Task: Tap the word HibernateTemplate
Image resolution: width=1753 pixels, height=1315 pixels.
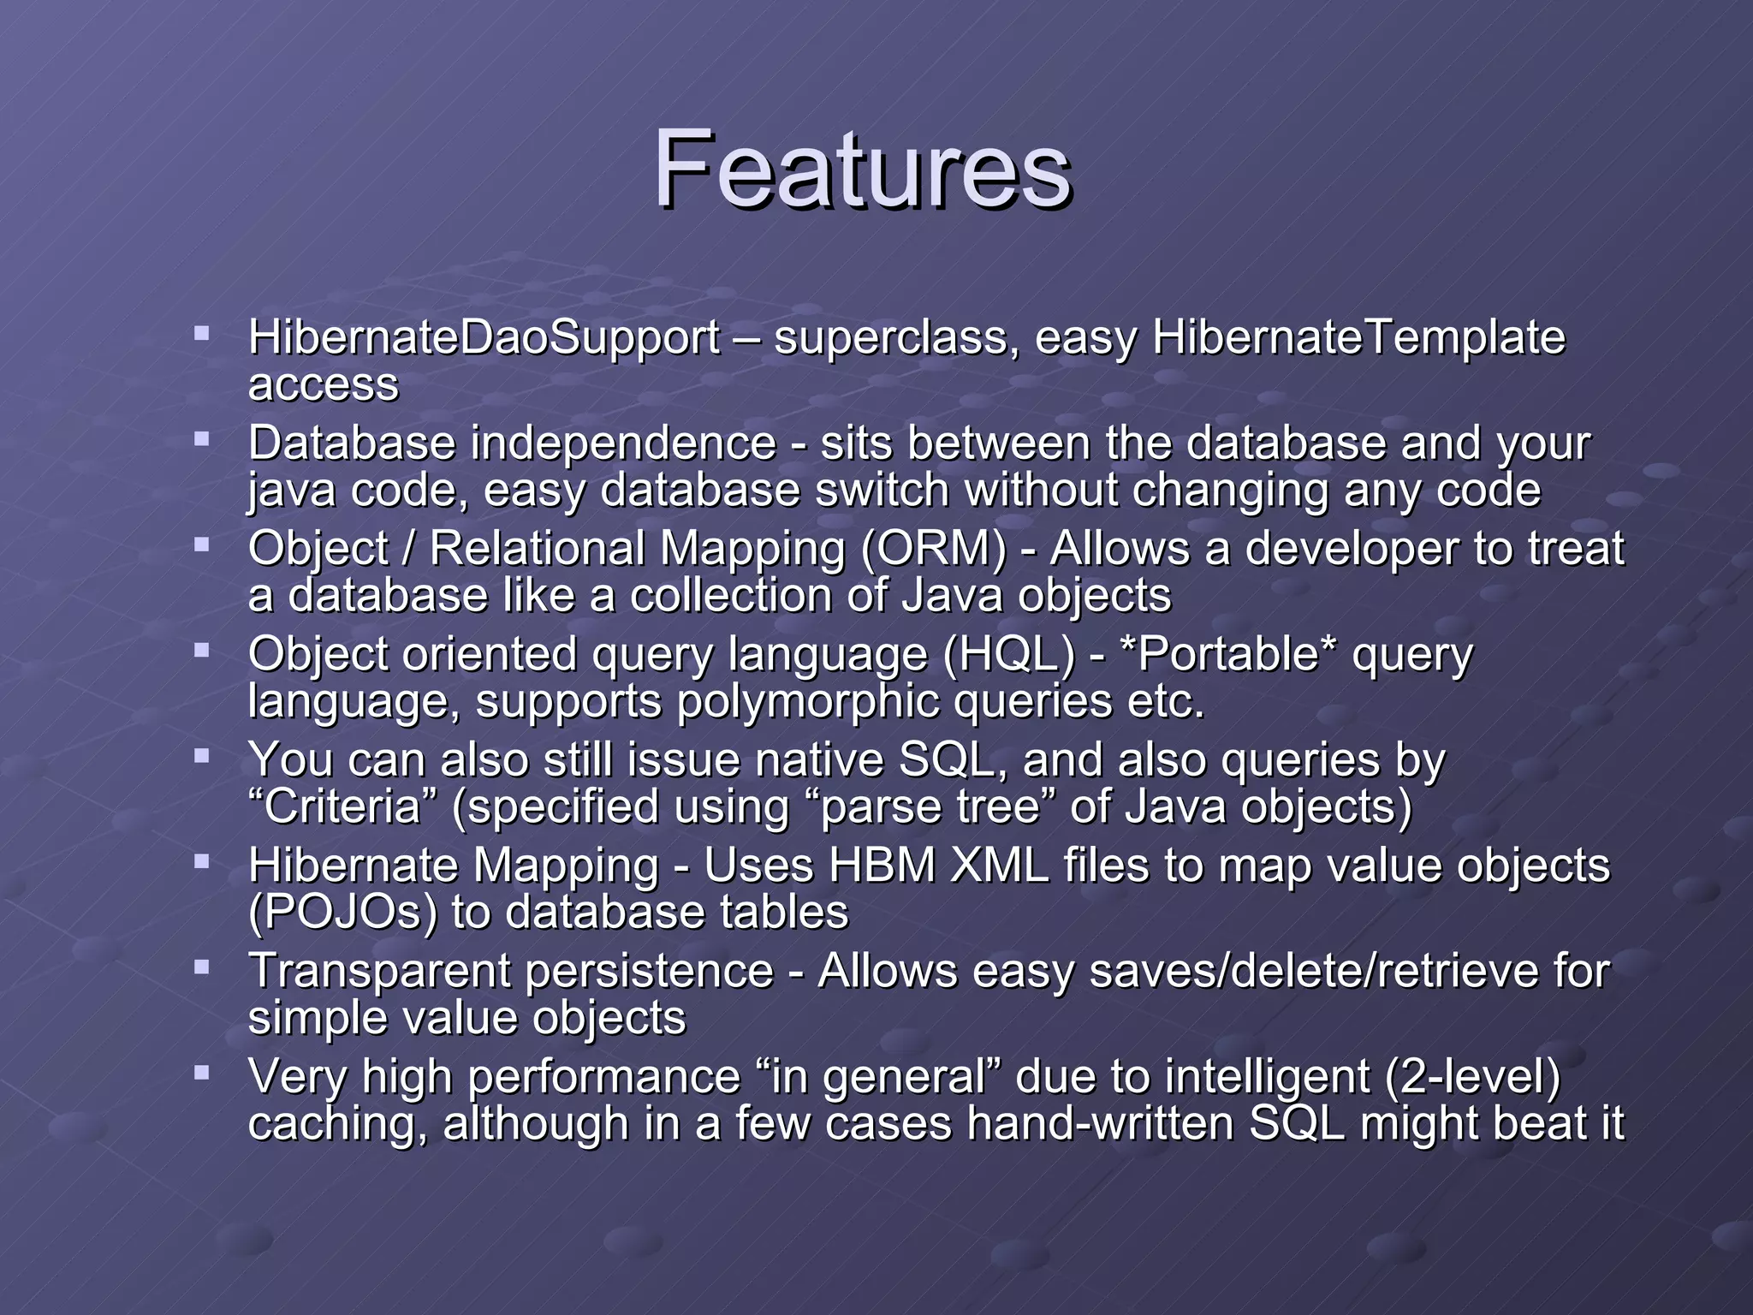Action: (x=1358, y=337)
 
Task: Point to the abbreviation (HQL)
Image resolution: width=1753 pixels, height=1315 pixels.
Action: (x=1008, y=655)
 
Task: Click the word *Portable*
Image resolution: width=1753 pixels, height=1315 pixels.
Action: (x=1228, y=655)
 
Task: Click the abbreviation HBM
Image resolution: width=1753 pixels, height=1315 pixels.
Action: (x=882, y=866)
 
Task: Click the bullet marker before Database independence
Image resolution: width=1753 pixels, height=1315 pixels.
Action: (x=202, y=439)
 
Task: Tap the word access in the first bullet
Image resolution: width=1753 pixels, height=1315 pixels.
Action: (x=323, y=385)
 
